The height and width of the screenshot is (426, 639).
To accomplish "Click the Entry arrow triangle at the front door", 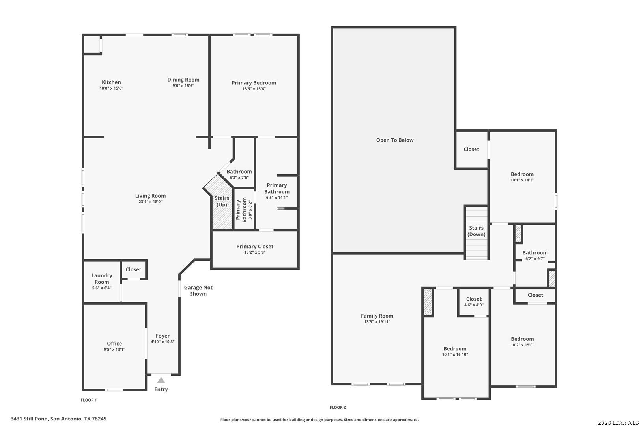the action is click(161, 380).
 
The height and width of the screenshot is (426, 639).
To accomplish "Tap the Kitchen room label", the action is click(111, 82).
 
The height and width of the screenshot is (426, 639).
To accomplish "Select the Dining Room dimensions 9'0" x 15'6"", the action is click(183, 86).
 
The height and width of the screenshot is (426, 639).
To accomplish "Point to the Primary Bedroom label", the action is click(254, 83).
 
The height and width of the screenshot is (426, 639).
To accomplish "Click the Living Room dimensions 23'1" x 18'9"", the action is click(150, 202).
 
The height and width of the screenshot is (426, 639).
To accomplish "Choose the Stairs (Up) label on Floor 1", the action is click(222, 201).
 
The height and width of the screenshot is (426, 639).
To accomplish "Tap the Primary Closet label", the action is click(255, 246).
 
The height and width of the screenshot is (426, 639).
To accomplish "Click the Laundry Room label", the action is click(102, 278).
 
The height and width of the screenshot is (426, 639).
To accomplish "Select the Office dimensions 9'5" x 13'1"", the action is click(114, 349).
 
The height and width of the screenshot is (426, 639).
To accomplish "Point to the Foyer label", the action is click(163, 336).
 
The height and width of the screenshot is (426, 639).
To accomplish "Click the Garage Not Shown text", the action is click(198, 291).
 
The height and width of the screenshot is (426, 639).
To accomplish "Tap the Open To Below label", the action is click(395, 140).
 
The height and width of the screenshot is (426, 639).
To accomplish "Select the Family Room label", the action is click(377, 316).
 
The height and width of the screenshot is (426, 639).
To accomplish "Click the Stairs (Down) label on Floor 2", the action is click(476, 231).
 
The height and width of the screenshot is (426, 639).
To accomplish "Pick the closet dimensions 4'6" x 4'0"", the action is click(474, 305).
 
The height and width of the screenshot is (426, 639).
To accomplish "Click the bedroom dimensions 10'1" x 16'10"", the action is click(455, 355).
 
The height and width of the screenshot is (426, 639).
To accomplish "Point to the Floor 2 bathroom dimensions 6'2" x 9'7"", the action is click(535, 259).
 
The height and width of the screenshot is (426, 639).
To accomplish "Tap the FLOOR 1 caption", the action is click(89, 400).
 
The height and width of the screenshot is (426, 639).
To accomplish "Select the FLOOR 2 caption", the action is click(338, 407).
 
